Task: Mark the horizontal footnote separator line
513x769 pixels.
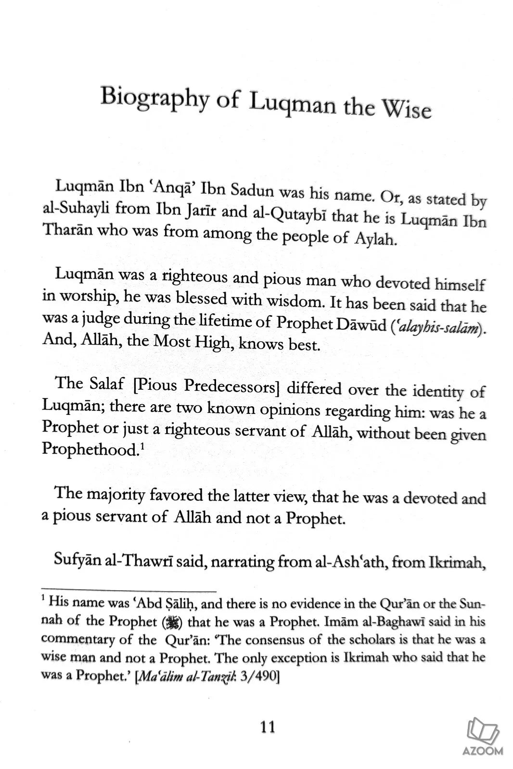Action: (128, 589)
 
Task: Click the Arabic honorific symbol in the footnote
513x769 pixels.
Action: (172, 622)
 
